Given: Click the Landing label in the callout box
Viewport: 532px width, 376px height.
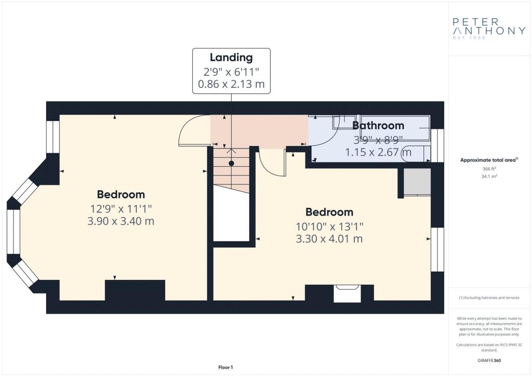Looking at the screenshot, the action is pos(231,58).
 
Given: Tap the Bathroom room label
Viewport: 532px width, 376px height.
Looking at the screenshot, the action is pos(378,126).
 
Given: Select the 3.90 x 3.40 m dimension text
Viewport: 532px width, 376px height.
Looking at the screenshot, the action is pos(121,221).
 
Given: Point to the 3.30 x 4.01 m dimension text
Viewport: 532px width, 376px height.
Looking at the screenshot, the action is pos(329,239).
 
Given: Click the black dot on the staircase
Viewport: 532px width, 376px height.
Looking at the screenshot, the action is pos(231,164).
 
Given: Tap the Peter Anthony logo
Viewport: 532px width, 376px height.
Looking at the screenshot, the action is pos(489,29).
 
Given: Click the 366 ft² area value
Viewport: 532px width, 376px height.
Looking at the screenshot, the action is pos(489,168).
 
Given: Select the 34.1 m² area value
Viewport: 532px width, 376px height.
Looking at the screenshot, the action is pos(489,176).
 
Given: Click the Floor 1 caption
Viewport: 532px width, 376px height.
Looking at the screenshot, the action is pos(225,367).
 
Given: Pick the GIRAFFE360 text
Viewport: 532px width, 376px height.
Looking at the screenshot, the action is pos(489,360).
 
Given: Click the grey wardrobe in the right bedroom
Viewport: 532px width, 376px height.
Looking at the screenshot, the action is pos(417,182).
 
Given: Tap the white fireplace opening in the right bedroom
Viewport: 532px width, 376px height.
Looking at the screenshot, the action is pos(347,293).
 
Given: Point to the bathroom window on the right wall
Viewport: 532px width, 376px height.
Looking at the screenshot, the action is pos(437,145).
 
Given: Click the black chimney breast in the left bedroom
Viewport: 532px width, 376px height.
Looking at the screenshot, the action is pos(135,290).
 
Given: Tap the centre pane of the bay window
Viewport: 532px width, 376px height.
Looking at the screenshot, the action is pos(14,232).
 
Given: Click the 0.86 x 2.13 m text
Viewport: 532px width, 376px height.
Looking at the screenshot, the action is pos(231,84).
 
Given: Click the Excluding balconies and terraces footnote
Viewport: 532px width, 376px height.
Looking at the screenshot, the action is pos(489,298).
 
